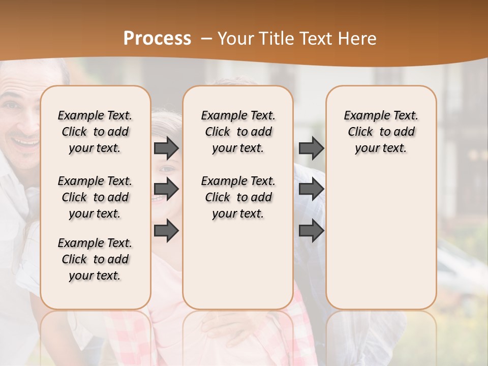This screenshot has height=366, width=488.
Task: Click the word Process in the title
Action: [157, 39]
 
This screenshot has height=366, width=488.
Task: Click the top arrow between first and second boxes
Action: [166, 148]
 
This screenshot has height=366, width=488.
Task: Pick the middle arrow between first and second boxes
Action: [166, 190]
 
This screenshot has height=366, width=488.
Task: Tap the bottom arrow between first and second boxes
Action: [166, 231]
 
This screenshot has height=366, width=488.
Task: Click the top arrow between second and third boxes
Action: [311, 148]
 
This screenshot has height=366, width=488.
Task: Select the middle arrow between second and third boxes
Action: [311, 190]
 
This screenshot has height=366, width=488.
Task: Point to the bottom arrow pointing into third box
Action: [311, 231]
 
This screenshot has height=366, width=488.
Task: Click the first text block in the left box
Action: [95, 132]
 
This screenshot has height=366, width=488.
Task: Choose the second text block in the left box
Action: [95, 197]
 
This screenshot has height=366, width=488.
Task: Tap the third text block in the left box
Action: [95, 259]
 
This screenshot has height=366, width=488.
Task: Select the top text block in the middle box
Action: [238, 132]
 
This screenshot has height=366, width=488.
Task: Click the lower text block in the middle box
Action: [238, 197]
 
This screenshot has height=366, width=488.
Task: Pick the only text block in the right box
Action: [381, 132]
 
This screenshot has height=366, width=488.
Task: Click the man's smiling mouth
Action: [25, 142]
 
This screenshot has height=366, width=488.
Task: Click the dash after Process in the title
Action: [206, 39]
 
